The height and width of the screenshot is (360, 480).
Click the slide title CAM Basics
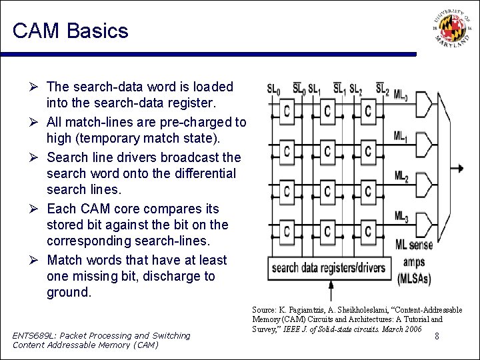tap(70, 31)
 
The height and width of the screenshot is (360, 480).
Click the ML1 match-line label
tap(401, 137)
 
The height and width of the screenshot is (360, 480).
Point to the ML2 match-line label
tap(401, 177)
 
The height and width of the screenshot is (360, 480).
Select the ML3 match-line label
tap(401, 217)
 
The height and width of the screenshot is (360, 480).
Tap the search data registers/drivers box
tap(329, 268)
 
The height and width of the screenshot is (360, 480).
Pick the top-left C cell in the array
tap(287, 111)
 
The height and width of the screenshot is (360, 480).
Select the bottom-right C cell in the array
tap(368, 231)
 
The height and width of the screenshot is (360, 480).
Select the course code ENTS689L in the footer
tap(37, 335)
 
